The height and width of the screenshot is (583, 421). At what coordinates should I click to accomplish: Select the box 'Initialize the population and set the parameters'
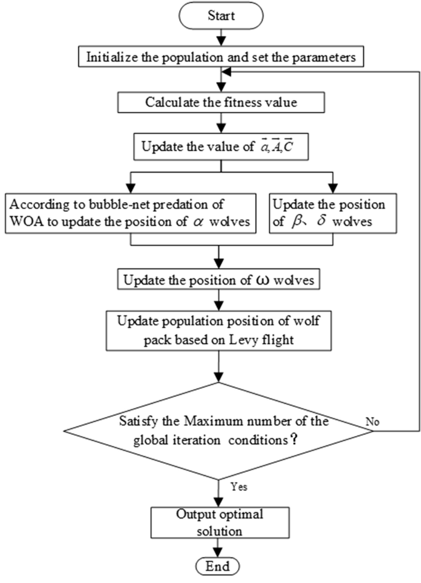[219, 59]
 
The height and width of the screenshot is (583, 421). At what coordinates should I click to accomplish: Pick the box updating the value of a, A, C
[219, 147]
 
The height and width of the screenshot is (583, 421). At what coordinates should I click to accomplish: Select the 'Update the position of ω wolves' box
[219, 281]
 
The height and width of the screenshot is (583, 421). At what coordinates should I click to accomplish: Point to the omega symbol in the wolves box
[266, 281]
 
